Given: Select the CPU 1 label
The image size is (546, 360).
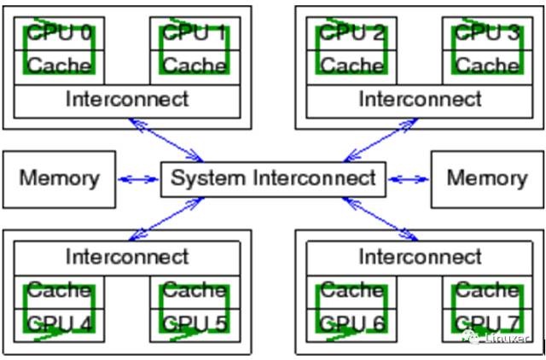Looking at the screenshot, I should [195, 34].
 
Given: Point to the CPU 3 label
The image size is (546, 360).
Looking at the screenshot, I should [487, 34].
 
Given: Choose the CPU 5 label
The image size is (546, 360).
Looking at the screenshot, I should [195, 323].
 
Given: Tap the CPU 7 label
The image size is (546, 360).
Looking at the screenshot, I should [487, 323].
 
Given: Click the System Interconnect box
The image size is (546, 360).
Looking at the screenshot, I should [273, 178].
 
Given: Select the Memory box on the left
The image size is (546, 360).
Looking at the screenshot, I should [59, 178].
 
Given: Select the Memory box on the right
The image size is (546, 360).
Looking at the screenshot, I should [486, 178].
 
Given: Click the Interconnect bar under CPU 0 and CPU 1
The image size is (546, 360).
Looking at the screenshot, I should [127, 99].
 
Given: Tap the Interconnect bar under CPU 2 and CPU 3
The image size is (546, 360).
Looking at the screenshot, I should [420, 99].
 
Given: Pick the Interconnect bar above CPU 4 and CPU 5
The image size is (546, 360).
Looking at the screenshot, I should [127, 257].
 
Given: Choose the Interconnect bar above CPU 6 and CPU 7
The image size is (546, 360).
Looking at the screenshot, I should [420, 257].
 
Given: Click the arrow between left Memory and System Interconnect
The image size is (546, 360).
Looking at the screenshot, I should [138, 179].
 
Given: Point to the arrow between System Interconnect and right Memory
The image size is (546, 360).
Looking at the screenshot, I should [409, 179].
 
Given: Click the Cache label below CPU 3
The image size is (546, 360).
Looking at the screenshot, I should [487, 65].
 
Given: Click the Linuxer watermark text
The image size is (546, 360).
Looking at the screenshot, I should [507, 340].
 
